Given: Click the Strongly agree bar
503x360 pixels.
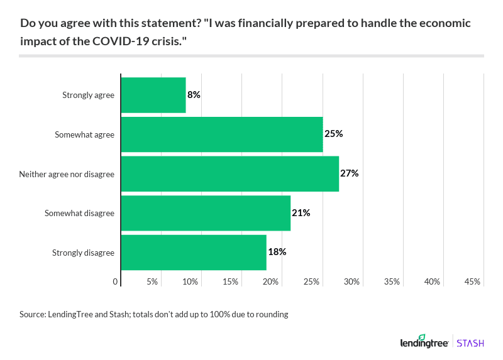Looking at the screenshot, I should coord(153,95).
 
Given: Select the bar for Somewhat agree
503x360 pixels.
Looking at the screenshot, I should coord(221,134).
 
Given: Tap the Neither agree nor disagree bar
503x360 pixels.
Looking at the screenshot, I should coord(229,174).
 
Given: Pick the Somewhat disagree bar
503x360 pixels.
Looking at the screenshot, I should coord(206,213).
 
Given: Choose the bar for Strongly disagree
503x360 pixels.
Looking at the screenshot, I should coord(193,253).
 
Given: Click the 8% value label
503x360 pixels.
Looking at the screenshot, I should coord(194,95).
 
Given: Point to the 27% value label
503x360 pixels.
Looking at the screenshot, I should coord(349,173).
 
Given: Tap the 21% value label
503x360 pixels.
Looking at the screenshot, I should coord(301,213).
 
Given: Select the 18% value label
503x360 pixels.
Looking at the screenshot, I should coord(277,252).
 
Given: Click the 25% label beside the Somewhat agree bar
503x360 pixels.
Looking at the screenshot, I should coord(333,134).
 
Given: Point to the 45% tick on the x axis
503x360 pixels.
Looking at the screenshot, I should coord(472,282).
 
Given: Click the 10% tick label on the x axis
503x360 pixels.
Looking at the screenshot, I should coord(191,282).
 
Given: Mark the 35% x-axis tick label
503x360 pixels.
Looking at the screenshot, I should coord(392,282).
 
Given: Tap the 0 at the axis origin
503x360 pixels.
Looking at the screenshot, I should coord(116,282).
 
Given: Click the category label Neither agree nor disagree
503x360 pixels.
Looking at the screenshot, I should coord(67,174).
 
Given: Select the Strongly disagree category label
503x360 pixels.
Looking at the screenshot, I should coord(83,253).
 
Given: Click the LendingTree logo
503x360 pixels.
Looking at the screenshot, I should coord(424,342).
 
